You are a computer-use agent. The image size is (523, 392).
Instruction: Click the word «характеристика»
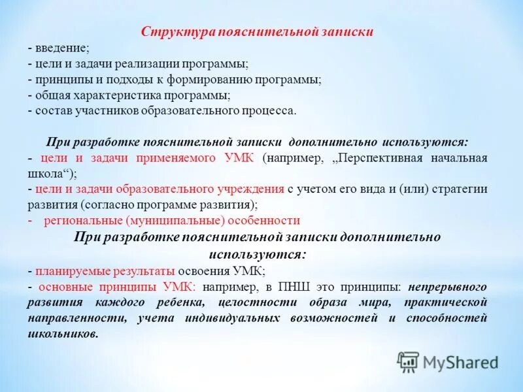(126, 95)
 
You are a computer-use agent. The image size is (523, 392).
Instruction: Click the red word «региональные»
(80, 220)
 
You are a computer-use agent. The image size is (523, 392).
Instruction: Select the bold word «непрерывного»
(448, 286)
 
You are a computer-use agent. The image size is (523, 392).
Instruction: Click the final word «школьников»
(62, 333)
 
